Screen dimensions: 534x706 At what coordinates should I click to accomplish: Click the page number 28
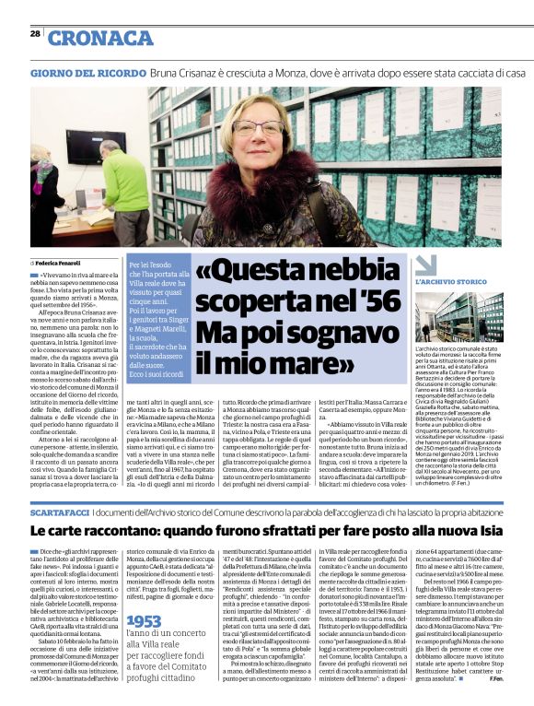pos(35,33)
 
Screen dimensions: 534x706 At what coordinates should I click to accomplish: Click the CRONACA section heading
pos(100,38)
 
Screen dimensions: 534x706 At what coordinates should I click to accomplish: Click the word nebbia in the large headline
pos(354,274)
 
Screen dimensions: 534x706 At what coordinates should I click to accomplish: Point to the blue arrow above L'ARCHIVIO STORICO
pos(426,266)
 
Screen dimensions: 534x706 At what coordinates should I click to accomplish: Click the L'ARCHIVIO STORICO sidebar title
pos(451,281)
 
